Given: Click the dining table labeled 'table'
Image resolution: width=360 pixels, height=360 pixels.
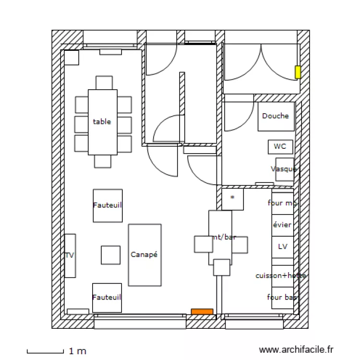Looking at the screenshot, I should pyautogui.click(x=103, y=122).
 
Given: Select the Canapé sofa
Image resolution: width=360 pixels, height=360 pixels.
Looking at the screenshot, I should pyautogui.click(x=144, y=255).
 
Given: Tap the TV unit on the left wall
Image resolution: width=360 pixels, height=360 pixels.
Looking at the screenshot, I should pyautogui.click(x=70, y=255).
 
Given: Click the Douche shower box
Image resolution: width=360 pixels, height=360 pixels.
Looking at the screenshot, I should pyautogui.click(x=276, y=116).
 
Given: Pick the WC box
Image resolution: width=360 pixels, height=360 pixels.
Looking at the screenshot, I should pyautogui.click(x=280, y=146).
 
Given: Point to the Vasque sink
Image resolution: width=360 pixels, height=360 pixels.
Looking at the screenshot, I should pyautogui.click(x=285, y=169).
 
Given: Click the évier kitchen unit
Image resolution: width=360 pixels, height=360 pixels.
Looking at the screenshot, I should pyautogui.click(x=282, y=225).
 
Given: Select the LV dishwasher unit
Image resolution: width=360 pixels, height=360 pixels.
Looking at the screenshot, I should pyautogui.click(x=282, y=247).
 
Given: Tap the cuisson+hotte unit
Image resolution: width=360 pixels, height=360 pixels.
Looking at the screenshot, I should pyautogui.click(x=282, y=276).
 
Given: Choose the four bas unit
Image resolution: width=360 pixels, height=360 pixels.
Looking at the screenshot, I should pyautogui.click(x=282, y=298).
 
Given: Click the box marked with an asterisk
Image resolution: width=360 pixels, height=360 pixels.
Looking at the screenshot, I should pyautogui.click(x=232, y=199).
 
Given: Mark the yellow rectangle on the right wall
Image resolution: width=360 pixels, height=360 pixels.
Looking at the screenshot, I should pyautogui.click(x=298, y=72).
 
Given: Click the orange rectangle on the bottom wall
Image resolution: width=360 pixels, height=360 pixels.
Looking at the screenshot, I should pyautogui.click(x=202, y=312).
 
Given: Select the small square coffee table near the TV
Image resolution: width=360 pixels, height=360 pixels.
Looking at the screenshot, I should pyautogui.click(x=110, y=255).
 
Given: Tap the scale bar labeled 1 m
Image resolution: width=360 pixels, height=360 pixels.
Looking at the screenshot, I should pyautogui.click(x=45, y=351).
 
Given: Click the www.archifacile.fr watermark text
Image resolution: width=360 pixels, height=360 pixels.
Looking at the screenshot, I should pyautogui.click(x=296, y=351).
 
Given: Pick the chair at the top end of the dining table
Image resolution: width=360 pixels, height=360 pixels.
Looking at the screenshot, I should pyautogui.click(x=104, y=83).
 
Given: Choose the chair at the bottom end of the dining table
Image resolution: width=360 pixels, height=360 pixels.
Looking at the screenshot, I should pyautogui.click(x=103, y=161).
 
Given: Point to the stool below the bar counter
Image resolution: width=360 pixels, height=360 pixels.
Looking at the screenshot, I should pyautogui.click(x=222, y=267).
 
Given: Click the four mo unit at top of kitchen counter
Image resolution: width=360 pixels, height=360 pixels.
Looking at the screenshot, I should pyautogui.click(x=282, y=203).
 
